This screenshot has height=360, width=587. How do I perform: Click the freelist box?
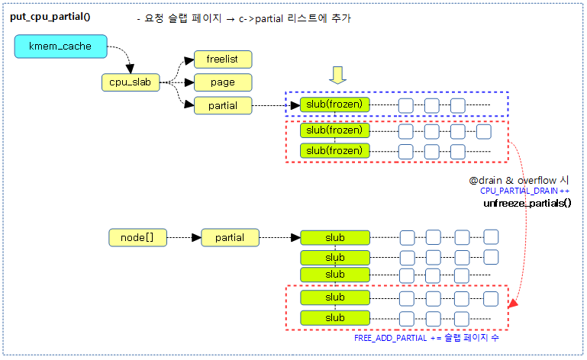(x=222, y=59)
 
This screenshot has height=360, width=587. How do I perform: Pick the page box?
(x=222, y=82)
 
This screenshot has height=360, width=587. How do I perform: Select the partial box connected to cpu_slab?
(x=222, y=106)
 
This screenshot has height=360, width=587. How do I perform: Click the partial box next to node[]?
(x=230, y=238)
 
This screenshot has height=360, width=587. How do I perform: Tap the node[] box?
(x=137, y=238)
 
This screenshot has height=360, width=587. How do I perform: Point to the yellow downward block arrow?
(x=336, y=76)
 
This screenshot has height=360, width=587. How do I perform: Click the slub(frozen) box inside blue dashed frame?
(x=334, y=104)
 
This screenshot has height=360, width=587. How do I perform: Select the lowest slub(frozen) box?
(x=334, y=151)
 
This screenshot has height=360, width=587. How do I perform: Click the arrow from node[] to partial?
(x=184, y=238)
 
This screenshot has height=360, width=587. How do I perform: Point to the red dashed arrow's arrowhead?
(x=513, y=304)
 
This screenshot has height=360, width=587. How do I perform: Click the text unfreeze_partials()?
(x=527, y=204)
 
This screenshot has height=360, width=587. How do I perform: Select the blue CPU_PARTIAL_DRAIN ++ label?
(x=525, y=191)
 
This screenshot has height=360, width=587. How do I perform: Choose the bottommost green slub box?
(x=334, y=317)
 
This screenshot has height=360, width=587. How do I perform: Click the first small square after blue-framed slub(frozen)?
(x=406, y=105)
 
